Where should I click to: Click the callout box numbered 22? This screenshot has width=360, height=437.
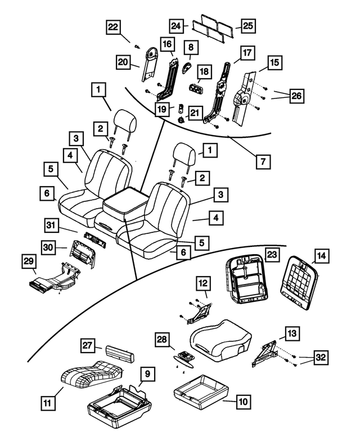click(113, 28)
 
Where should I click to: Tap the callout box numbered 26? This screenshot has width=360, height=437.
click(296, 96)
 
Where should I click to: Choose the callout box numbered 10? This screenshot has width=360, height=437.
click(243, 402)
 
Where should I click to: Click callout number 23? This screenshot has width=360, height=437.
click(272, 254)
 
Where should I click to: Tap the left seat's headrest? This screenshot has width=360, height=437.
click(123, 120)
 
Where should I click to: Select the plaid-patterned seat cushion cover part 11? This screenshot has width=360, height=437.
click(90, 373)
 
